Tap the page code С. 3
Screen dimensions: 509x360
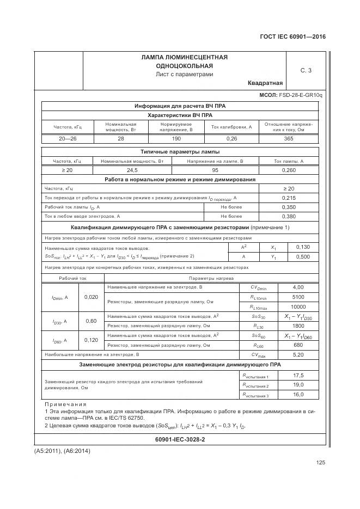pos(306,70)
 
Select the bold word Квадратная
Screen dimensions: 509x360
pos(265,83)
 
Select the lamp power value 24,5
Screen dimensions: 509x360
pos(132,170)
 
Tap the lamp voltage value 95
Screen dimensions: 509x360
pos(215,170)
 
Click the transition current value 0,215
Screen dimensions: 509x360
pos(289,198)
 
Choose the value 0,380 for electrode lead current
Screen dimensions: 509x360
pos(289,216)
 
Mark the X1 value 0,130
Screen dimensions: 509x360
pos(303,247)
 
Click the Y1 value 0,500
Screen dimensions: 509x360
pos(303,256)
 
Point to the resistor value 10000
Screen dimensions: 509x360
pos(298,307)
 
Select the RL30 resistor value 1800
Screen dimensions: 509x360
pos(298,326)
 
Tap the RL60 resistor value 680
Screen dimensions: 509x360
pos(298,345)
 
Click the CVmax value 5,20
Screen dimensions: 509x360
pos(298,354)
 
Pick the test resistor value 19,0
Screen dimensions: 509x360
pos(298,385)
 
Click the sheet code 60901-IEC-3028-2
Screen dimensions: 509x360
pos(180,439)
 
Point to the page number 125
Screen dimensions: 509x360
pos(320,463)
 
